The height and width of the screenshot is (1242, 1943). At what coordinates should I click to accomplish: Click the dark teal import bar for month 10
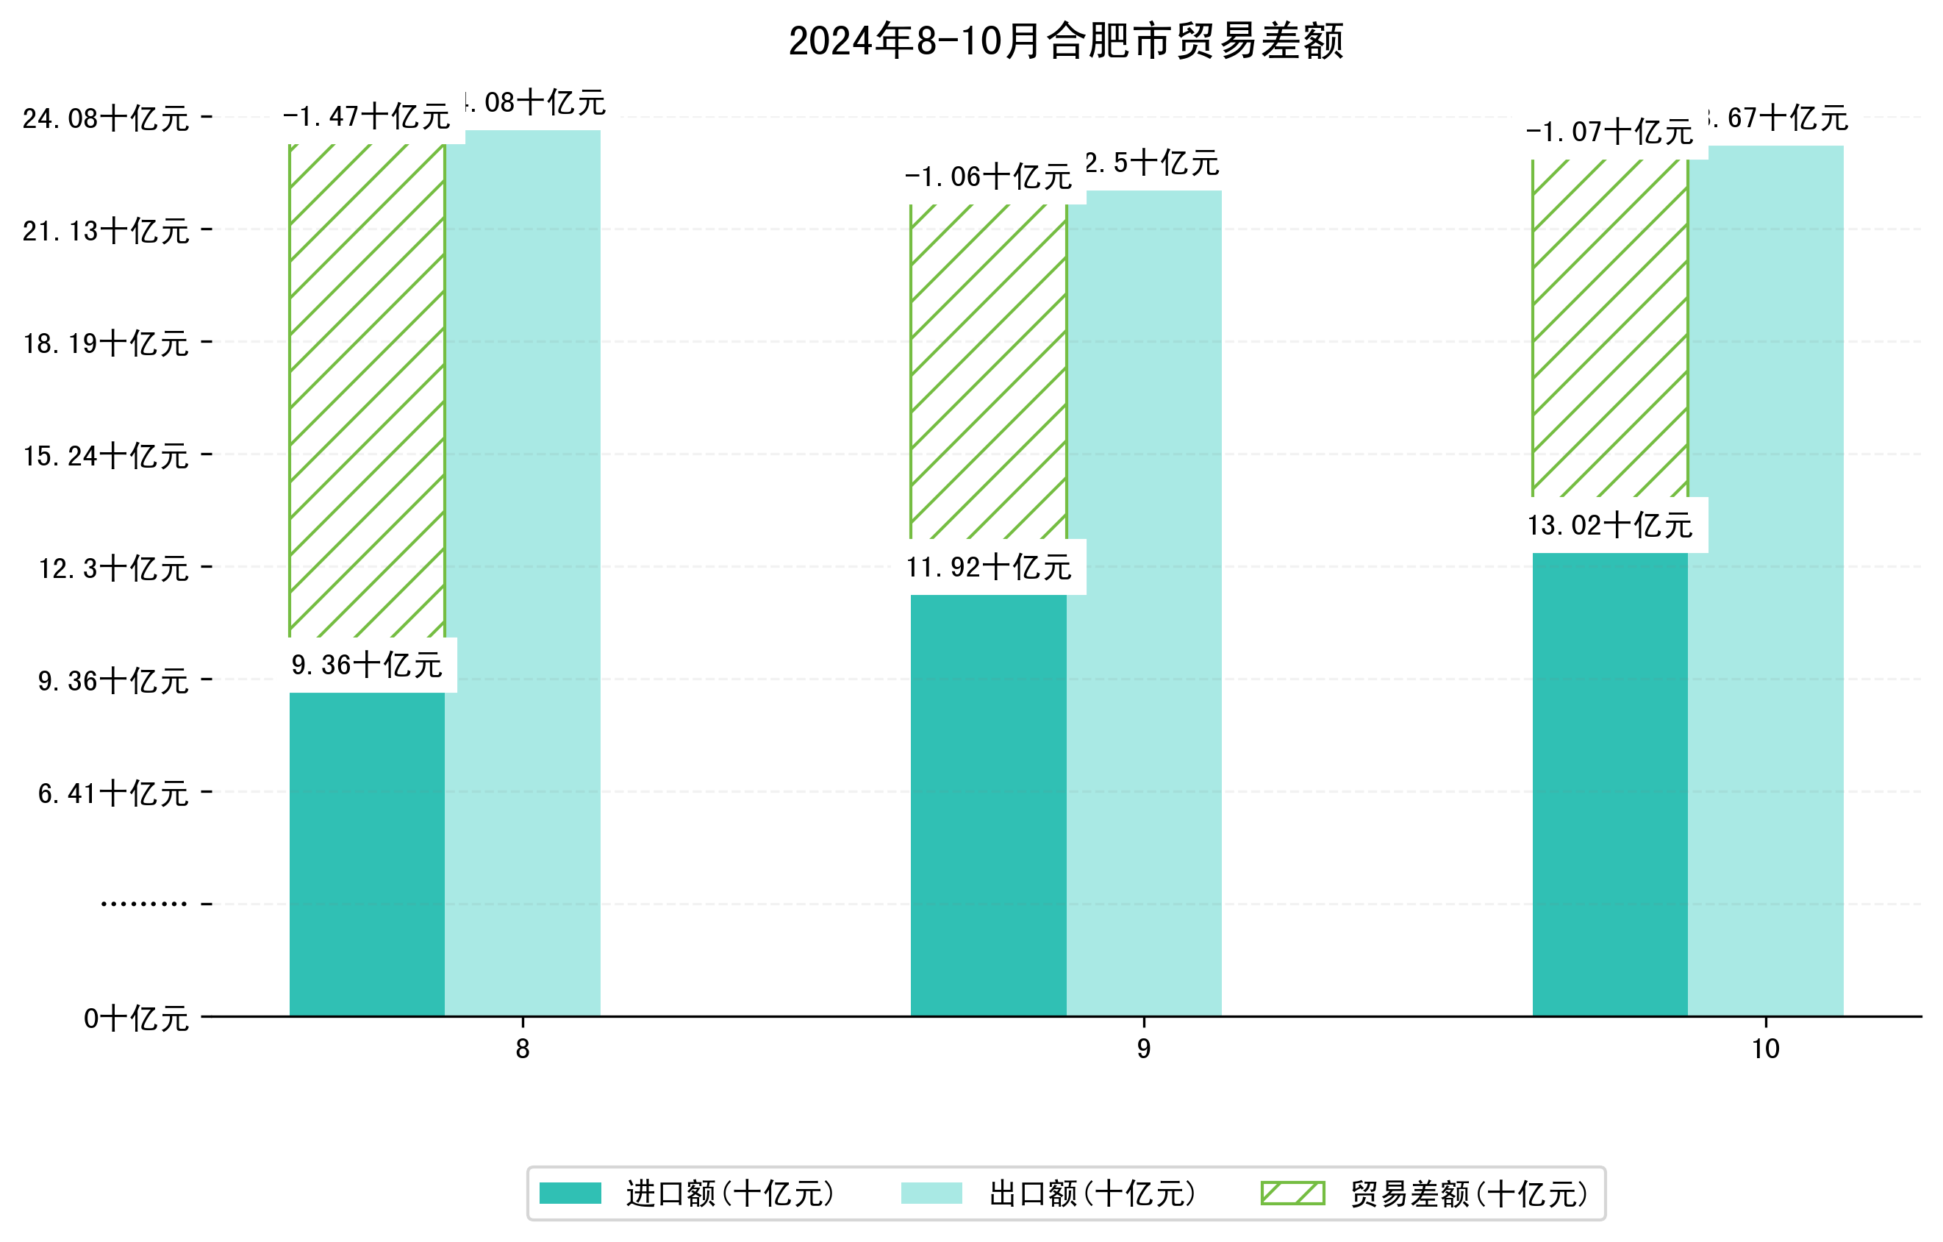pyautogui.click(x=1610, y=784)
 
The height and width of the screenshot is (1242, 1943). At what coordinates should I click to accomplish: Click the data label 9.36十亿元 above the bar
pyautogui.click(x=367, y=665)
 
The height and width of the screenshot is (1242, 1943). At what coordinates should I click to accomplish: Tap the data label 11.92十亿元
pyautogui.click(x=989, y=568)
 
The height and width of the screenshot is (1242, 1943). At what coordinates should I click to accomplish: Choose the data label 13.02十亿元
pyautogui.click(x=1610, y=525)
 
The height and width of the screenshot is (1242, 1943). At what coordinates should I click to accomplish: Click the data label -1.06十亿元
pyautogui.click(x=989, y=176)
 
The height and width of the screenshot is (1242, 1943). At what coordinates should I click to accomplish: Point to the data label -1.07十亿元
pyautogui.click(x=1610, y=132)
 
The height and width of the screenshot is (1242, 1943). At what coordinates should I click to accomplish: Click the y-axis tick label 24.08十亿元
pyautogui.click(x=106, y=118)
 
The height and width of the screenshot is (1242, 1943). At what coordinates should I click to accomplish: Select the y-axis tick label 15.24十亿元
pyautogui.click(x=106, y=456)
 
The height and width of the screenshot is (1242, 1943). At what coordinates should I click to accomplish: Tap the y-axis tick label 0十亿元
pyautogui.click(x=136, y=1018)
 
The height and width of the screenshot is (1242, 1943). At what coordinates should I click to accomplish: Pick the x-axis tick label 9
pyautogui.click(x=1143, y=1049)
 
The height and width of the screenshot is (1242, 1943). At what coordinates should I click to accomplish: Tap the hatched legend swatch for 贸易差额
pyautogui.click(x=1292, y=1193)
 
